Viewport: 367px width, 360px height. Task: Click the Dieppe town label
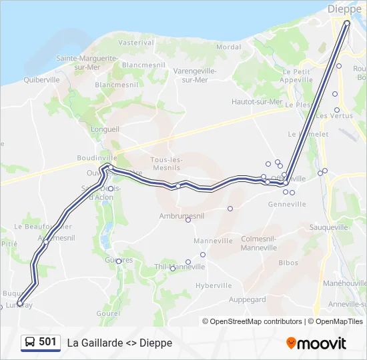click(x=344, y=9)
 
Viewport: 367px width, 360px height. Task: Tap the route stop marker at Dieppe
click(x=347, y=23)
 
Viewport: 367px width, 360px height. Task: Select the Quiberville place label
click(x=42, y=79)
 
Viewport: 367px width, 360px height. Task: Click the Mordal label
click(x=229, y=47)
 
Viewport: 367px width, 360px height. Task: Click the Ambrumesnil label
click(x=181, y=216)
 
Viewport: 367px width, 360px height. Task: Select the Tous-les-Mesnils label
click(x=167, y=164)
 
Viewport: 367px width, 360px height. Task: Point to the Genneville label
click(x=287, y=204)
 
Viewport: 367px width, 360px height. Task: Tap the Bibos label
click(x=288, y=263)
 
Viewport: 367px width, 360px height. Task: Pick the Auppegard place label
click(x=248, y=299)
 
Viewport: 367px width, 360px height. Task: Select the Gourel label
click(x=107, y=313)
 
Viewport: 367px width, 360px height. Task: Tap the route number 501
click(x=48, y=341)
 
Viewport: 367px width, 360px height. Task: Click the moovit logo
click(x=316, y=343)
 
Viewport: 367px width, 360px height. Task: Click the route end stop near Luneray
click(x=20, y=303)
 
